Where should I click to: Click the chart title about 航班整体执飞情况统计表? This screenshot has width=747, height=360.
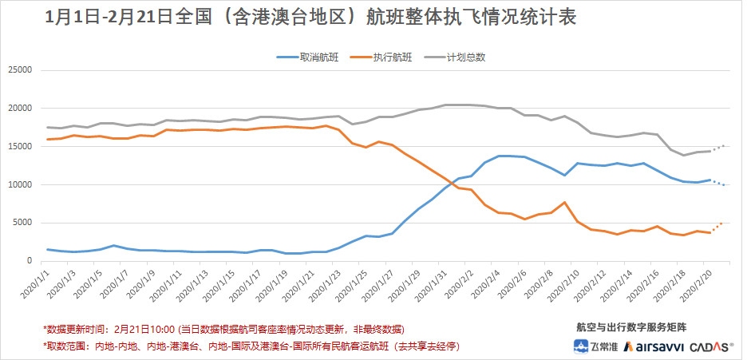(311, 18)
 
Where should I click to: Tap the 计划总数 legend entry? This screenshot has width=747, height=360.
(466, 57)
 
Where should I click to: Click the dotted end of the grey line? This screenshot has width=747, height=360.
(718, 148)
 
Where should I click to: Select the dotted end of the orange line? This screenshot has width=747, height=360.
(717, 227)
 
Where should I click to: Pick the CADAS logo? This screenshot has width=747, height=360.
(711, 346)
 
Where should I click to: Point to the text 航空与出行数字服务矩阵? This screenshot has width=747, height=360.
(630, 327)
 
